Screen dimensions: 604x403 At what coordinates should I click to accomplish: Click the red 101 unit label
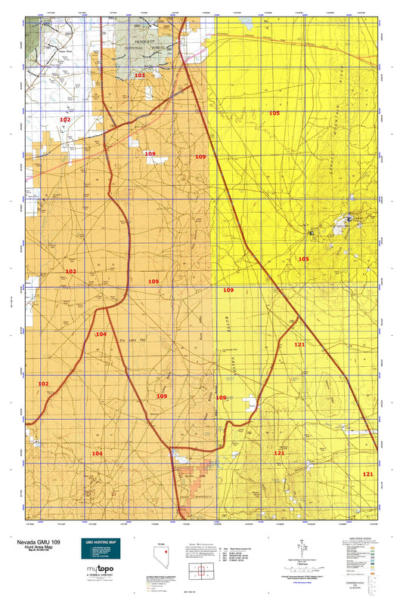point(139,75)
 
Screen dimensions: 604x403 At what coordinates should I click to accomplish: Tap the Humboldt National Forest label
point(149,45)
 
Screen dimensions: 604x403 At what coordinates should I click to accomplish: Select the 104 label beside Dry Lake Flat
point(101,334)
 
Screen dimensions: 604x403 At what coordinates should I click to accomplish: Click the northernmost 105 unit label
point(274,112)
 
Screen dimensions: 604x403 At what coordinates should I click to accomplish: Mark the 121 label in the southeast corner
point(367,473)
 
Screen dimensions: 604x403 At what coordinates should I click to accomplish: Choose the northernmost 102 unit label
point(66,120)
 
